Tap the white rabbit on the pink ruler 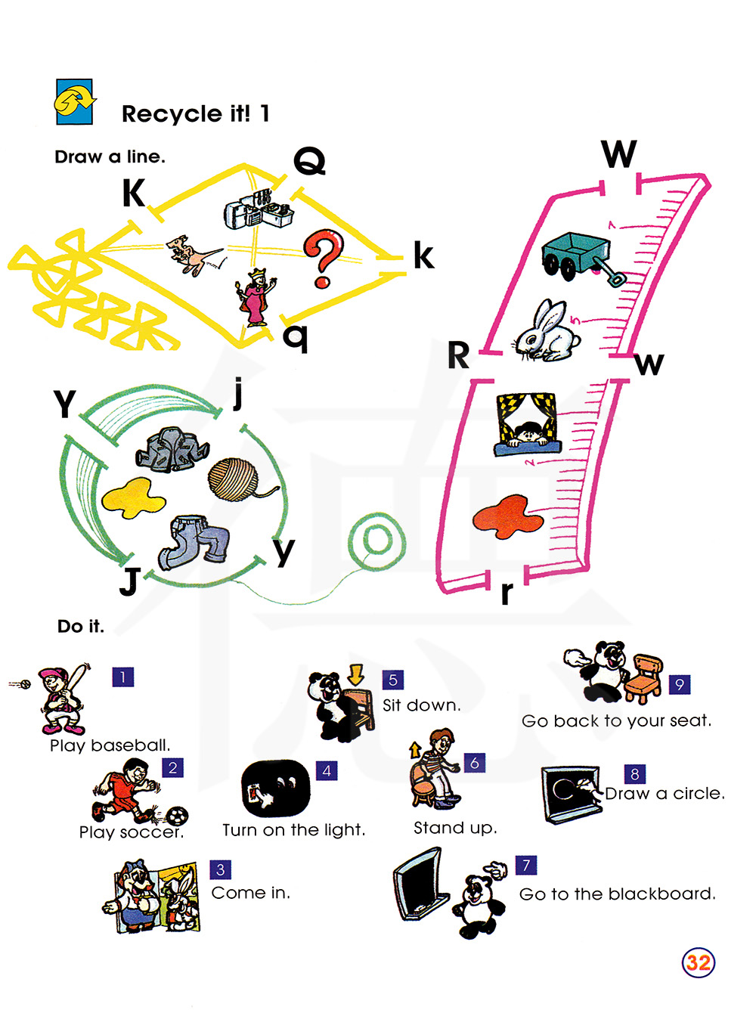point(548,334)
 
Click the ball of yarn point(234,479)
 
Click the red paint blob point(508,516)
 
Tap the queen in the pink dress point(256,298)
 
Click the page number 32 point(698,962)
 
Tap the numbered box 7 point(526,865)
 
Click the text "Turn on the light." point(294,830)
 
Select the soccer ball point(177,816)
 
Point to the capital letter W point(619,154)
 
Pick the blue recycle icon point(75,101)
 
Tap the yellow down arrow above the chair point(356,674)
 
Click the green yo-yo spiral point(376,541)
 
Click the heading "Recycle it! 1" point(195,114)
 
